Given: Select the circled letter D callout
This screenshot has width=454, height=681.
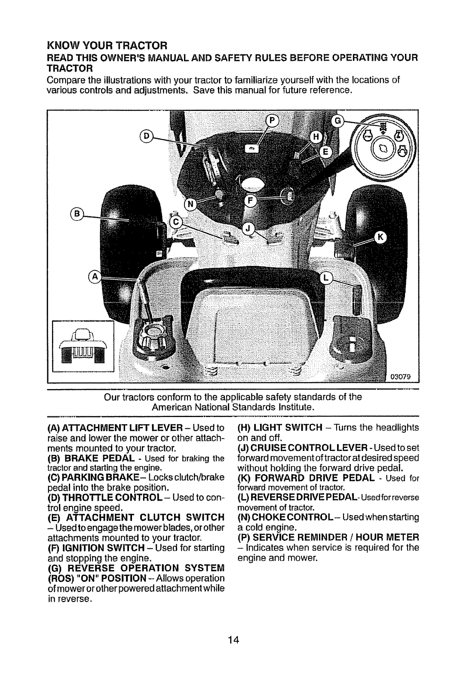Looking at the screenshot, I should pyautogui.click(x=146, y=136).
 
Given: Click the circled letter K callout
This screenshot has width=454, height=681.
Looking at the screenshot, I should pyautogui.click(x=381, y=237).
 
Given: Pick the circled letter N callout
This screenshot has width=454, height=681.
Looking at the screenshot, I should pyautogui.click(x=190, y=204).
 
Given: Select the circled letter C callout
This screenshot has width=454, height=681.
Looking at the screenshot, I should pyautogui.click(x=175, y=222).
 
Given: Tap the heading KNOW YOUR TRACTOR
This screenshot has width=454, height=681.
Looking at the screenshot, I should pyautogui.click(x=107, y=45).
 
